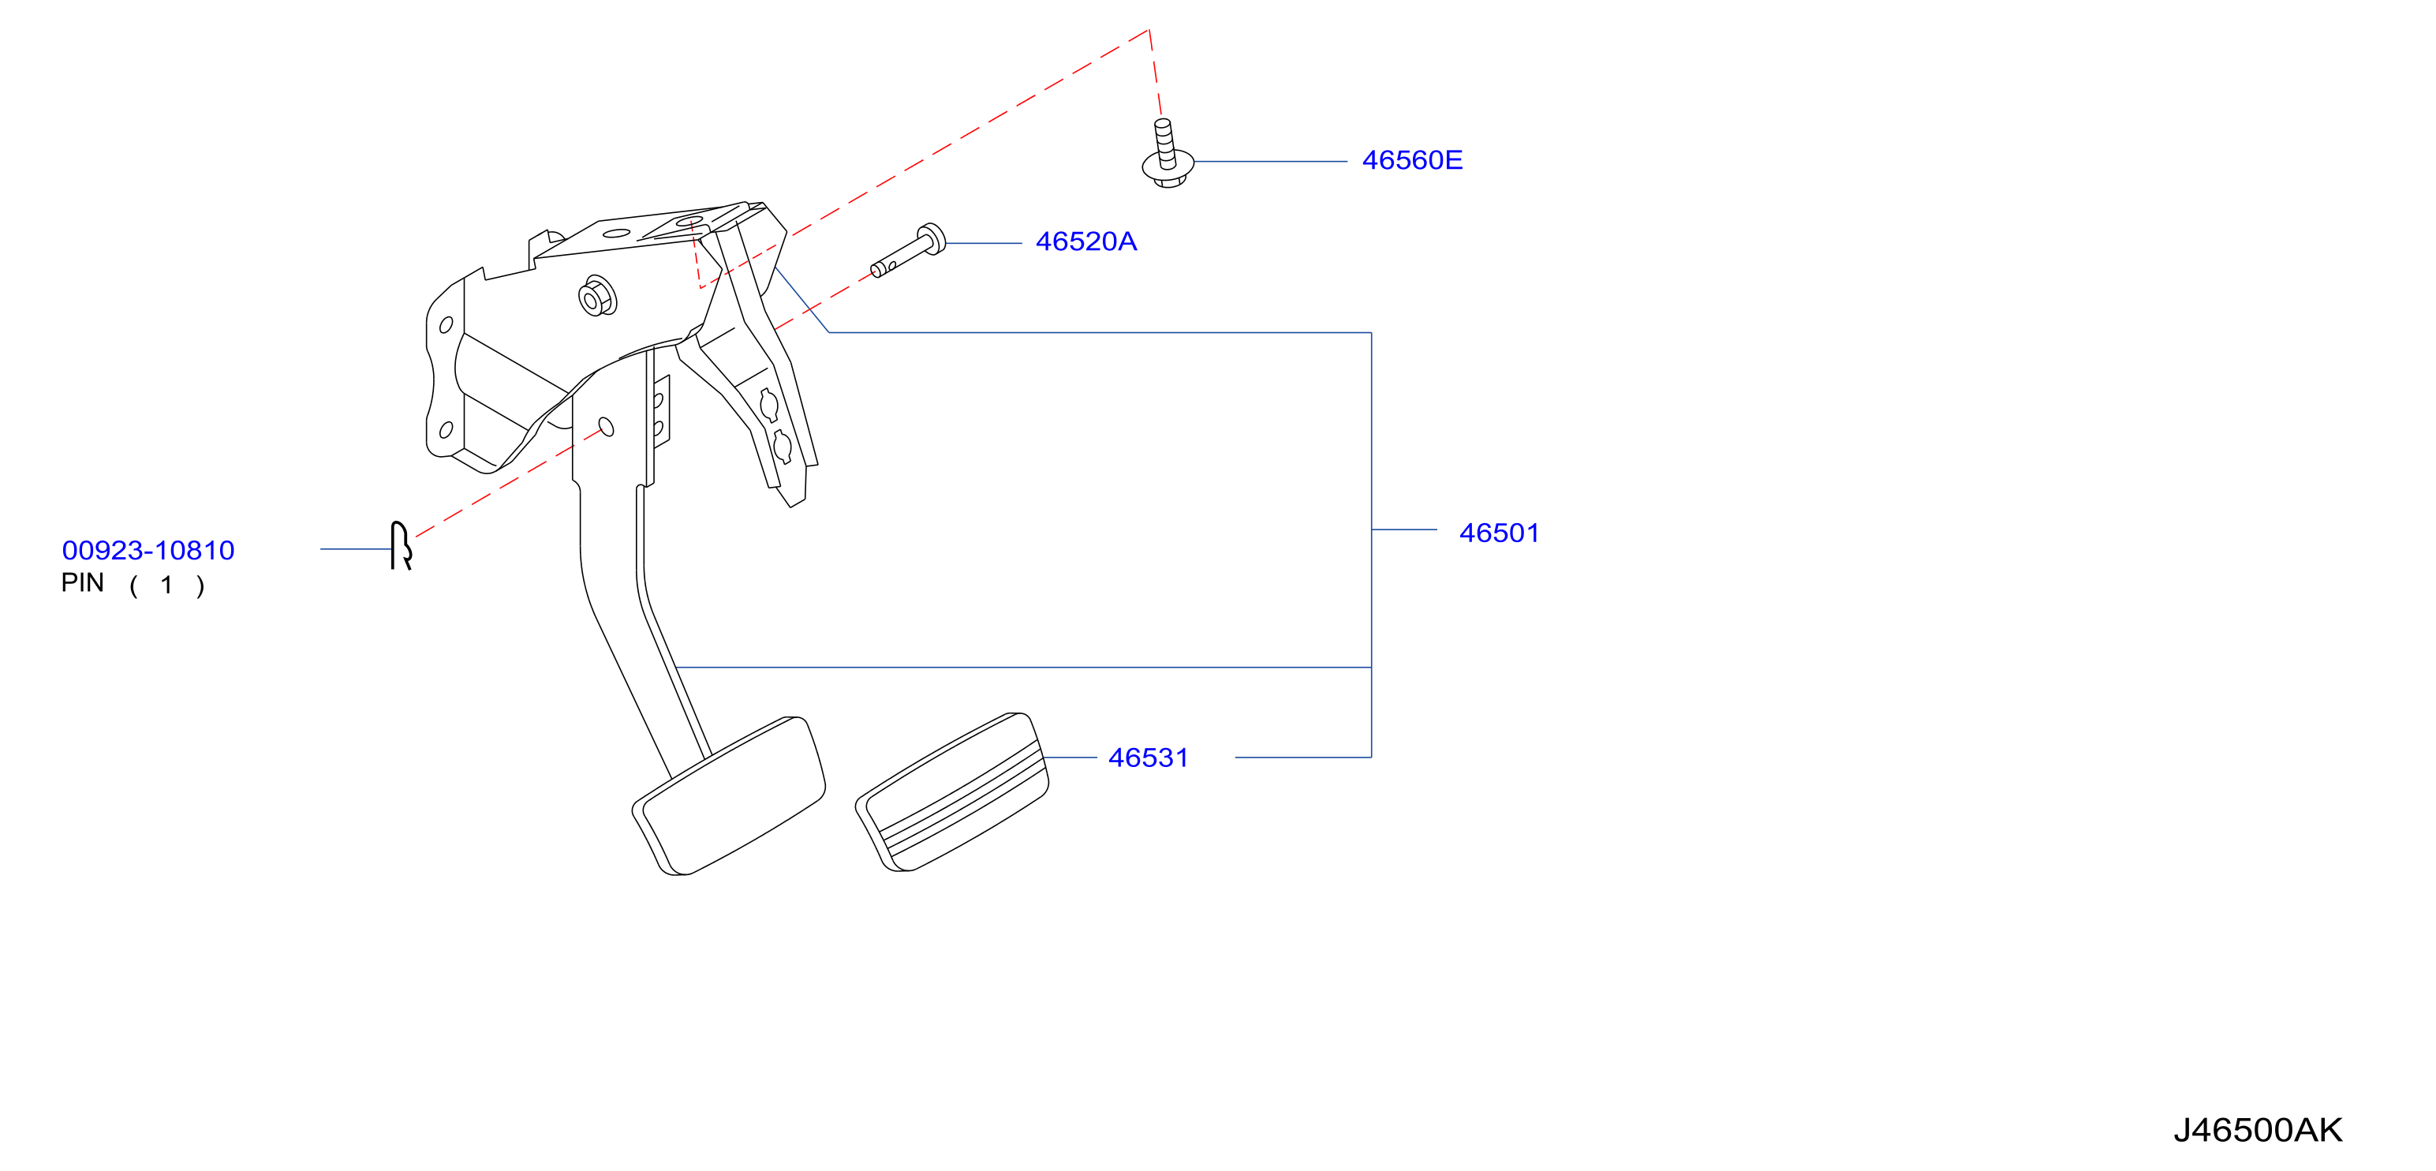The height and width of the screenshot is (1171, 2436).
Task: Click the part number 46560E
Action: [1412, 160]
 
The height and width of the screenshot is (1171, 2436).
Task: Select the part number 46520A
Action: [1085, 241]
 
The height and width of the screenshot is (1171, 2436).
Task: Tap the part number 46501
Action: [1499, 533]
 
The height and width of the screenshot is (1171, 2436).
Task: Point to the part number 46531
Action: [1148, 758]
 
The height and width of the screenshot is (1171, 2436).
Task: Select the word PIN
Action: [82, 582]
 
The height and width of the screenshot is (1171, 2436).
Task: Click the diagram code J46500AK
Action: [2257, 1129]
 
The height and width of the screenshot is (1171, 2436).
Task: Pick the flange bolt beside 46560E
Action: [1167, 153]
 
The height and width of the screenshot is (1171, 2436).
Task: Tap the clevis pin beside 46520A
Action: [908, 251]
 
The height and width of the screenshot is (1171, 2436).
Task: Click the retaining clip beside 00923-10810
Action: [401, 546]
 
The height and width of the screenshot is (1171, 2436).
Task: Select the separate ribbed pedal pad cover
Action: [952, 791]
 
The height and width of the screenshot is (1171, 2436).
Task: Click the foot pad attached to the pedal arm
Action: [729, 795]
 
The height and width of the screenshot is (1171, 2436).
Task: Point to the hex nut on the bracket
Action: [596, 297]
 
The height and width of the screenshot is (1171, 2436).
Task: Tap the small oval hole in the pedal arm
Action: [606, 427]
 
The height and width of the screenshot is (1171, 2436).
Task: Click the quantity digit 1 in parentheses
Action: [166, 585]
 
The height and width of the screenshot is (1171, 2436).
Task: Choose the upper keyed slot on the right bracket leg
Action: [769, 405]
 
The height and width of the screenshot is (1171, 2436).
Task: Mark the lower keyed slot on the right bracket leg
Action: [782, 446]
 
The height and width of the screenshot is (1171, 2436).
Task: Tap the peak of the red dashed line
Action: [1149, 30]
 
